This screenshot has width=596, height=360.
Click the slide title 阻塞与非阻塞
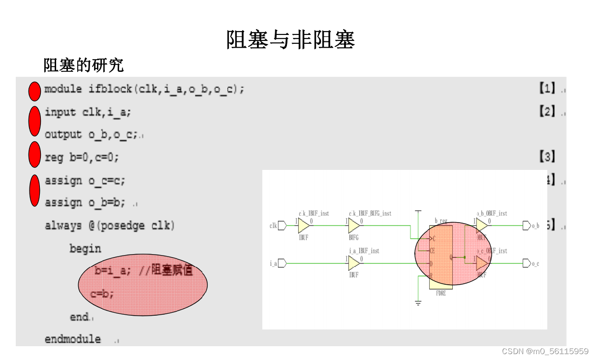(290, 40)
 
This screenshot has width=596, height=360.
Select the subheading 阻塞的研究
(83, 65)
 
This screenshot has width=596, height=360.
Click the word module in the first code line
(63, 89)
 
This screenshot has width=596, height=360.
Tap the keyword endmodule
(72, 339)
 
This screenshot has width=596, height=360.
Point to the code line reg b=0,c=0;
(82, 158)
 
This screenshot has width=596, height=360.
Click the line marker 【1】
(547, 89)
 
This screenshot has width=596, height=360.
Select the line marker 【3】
(547, 157)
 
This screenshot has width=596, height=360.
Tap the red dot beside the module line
(34, 91)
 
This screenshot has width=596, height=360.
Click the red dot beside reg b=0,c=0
(34, 154)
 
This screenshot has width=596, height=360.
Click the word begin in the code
(85, 249)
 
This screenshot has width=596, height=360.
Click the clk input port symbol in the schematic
(282, 226)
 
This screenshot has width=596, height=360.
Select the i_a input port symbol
(282, 263)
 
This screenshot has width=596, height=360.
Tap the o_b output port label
(535, 226)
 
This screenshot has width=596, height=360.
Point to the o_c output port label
(535, 263)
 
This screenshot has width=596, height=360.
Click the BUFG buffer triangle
(354, 226)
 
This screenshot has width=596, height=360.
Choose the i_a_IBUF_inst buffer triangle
(354, 263)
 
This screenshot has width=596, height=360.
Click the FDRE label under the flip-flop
(440, 294)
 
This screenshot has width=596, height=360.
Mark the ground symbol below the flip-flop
(418, 302)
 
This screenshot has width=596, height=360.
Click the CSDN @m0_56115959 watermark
(545, 351)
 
